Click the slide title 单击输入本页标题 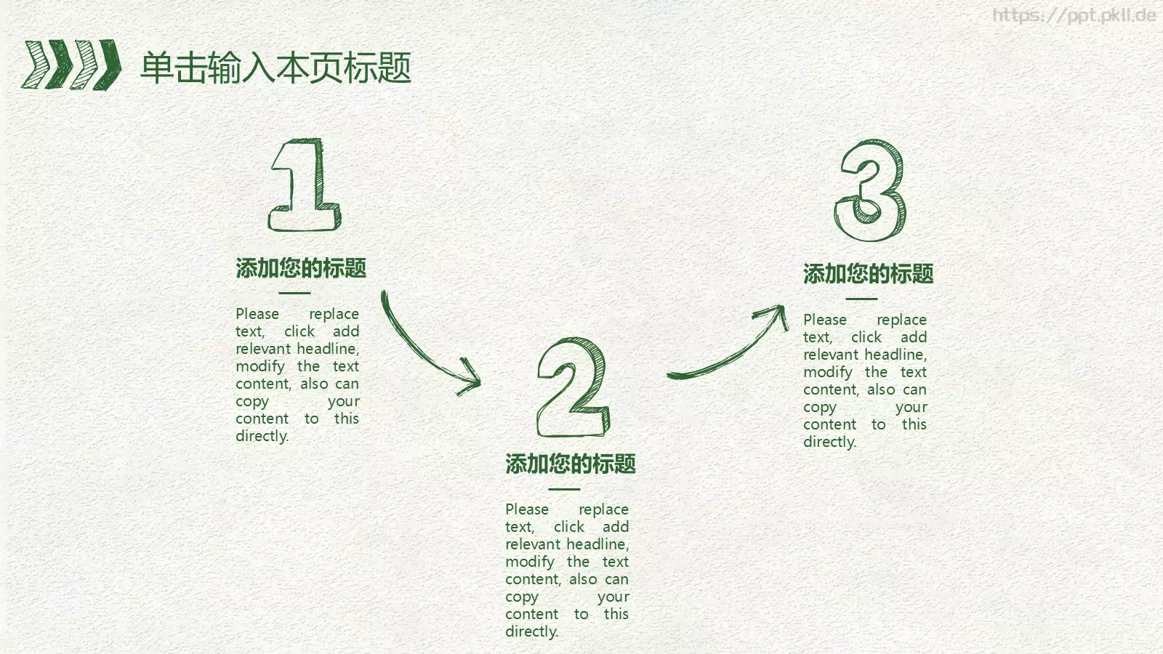[x=275, y=68]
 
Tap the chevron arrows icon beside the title [x=71, y=65]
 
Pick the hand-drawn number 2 [x=573, y=387]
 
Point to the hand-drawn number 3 [x=870, y=190]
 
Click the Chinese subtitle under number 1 [x=301, y=268]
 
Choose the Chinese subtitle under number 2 [x=571, y=464]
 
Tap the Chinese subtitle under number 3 [x=868, y=274]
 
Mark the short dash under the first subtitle [x=294, y=293]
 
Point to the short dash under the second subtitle [x=564, y=489]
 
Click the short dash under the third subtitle [x=861, y=299]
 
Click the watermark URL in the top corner [x=1074, y=15]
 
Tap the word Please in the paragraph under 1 [x=257, y=314]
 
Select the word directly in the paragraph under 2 [x=531, y=631]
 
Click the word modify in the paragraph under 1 [x=259, y=366]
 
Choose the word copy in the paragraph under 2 [x=522, y=597]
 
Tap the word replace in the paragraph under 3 [x=901, y=320]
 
